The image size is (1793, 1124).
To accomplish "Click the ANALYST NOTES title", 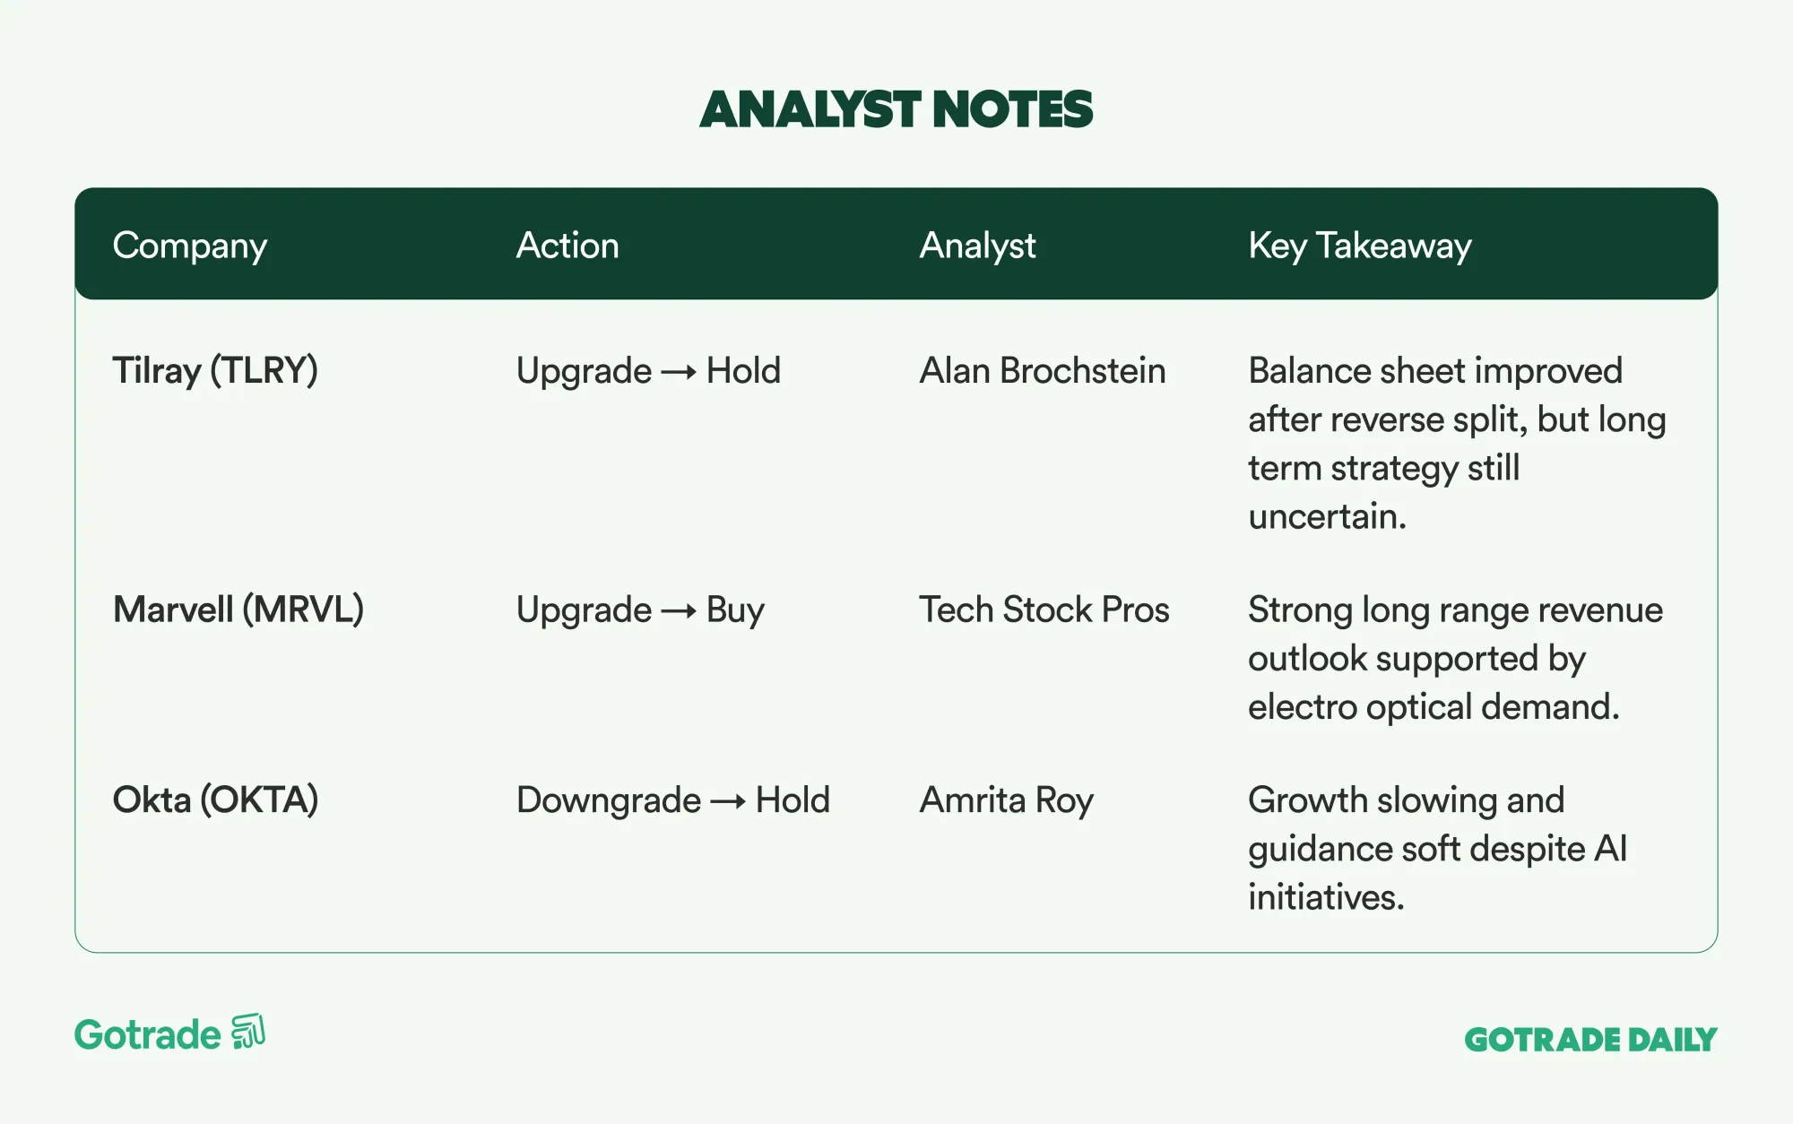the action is [x=896, y=109].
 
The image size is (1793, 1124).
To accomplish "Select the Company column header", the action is [x=190, y=246].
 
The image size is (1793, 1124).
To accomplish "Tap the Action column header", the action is [x=567, y=246].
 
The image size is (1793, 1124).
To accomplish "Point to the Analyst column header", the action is [x=977, y=246].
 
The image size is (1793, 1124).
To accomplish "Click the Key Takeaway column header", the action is [x=1360, y=246].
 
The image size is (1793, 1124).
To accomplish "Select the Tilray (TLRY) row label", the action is [x=215, y=371].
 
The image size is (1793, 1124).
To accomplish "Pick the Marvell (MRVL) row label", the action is [x=238, y=610].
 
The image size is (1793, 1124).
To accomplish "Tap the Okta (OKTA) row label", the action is [x=215, y=800].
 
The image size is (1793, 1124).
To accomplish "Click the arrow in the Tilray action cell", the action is [x=679, y=372].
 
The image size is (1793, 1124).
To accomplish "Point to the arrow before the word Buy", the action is [x=679, y=611].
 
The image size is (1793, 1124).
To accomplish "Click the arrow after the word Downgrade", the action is [x=728, y=801].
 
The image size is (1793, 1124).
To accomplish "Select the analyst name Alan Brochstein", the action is [x=1043, y=371].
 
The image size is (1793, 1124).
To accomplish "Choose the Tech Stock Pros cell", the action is [x=1044, y=610].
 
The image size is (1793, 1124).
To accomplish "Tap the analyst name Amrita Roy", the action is [x=1007, y=800].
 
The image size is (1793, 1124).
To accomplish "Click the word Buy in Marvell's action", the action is [x=735, y=611].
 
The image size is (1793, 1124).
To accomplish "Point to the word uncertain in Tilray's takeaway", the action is [x=1327, y=516].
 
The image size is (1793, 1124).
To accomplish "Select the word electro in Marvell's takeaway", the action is [x=1303, y=707].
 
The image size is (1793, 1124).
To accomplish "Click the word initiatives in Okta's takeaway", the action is [x=1326, y=897].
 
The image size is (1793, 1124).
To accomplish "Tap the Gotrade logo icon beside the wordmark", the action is [x=248, y=1031].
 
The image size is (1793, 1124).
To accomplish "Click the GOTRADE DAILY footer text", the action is [x=1590, y=1040].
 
